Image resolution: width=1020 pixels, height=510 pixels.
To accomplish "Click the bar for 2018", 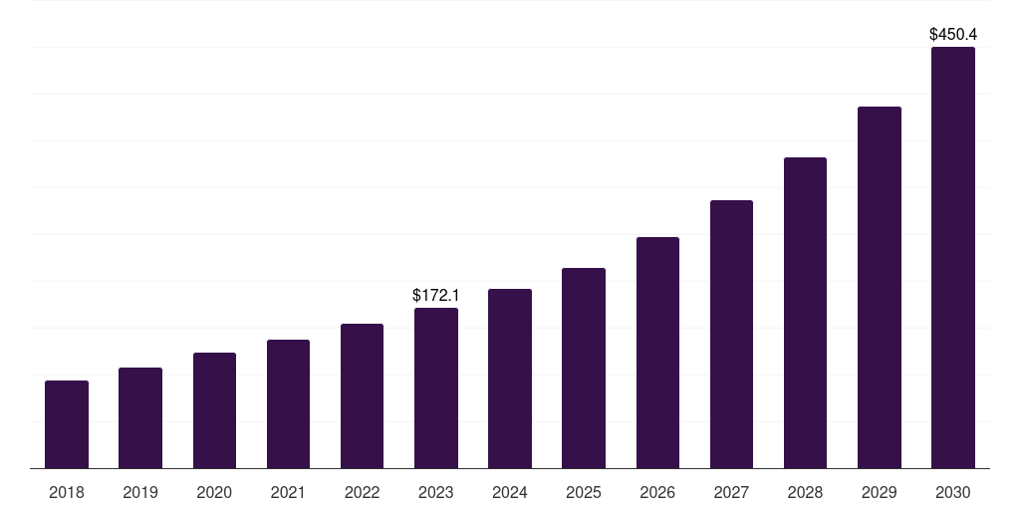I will pos(67,424).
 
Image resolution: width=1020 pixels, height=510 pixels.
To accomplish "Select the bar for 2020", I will pos(214,410).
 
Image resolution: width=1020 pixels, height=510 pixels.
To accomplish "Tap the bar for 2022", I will pos(362,396).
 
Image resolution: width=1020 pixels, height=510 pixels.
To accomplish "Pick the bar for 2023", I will pos(436,388).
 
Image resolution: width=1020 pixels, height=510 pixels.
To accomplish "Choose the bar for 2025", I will pos(584,369).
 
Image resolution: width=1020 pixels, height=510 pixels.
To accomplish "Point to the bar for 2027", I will pos(731,335).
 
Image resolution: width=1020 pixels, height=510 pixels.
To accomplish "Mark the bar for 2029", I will pos(879,288).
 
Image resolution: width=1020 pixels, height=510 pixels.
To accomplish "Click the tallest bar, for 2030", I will pos(953,258).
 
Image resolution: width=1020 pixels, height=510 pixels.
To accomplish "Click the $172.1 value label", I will pos(436,295).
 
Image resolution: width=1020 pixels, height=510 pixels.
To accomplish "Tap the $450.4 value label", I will pos(953,35).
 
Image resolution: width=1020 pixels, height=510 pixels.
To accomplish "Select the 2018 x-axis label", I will pos(67,492).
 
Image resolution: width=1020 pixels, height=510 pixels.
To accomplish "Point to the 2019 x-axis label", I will pos(140,492).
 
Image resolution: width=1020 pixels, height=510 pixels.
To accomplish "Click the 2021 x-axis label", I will pos(288,492).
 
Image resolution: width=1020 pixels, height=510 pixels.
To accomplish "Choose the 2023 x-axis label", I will pos(436,492).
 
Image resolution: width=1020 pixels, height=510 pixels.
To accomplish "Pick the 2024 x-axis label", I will pos(510,492).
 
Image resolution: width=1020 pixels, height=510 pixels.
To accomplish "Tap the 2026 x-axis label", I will pos(657,492).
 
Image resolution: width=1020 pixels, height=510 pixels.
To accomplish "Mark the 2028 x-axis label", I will pos(805,492).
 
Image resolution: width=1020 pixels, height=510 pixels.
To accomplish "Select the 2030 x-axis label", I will pos(953,492).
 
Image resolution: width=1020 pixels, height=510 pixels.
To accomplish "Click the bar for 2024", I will pos(510,379).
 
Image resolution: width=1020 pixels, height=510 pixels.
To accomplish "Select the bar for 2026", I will pos(657,353).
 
